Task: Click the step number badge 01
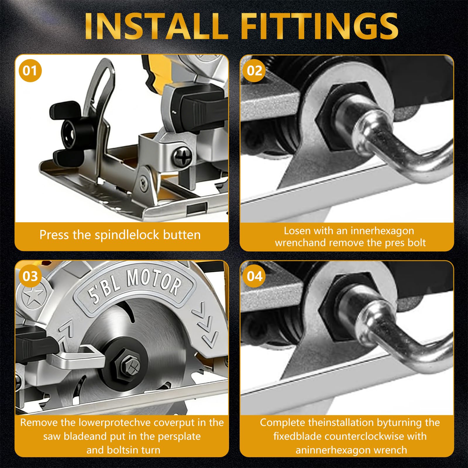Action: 30,71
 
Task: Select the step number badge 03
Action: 30,276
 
